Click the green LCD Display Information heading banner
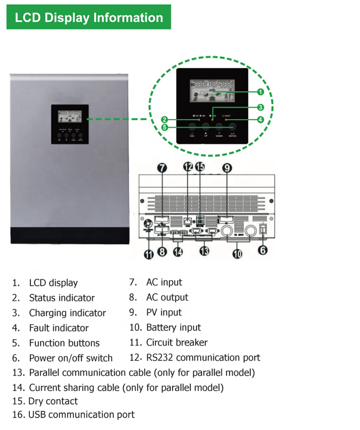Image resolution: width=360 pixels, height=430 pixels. (89, 18)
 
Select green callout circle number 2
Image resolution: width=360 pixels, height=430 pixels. (165, 120)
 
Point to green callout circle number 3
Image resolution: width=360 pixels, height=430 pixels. (260, 107)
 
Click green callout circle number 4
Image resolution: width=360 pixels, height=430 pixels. (260, 120)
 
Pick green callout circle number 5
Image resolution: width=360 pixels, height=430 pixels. (165, 127)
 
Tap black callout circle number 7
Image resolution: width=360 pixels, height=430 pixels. (162, 168)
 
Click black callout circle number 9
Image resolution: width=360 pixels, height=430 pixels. (227, 168)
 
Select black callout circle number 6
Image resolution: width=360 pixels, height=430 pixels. (263, 250)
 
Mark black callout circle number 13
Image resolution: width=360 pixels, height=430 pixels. (204, 251)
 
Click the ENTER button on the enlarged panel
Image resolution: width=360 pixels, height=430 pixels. (232, 127)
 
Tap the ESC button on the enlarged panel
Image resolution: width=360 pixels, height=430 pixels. (192, 127)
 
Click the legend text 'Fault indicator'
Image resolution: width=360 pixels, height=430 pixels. (59, 328)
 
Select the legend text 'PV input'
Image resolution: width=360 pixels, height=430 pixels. (164, 312)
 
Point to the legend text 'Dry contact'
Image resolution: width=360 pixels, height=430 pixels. (53, 401)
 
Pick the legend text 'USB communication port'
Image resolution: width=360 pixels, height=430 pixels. (81, 415)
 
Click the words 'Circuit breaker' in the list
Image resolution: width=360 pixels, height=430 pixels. (176, 342)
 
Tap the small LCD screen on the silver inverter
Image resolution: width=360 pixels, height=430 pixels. (69, 115)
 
